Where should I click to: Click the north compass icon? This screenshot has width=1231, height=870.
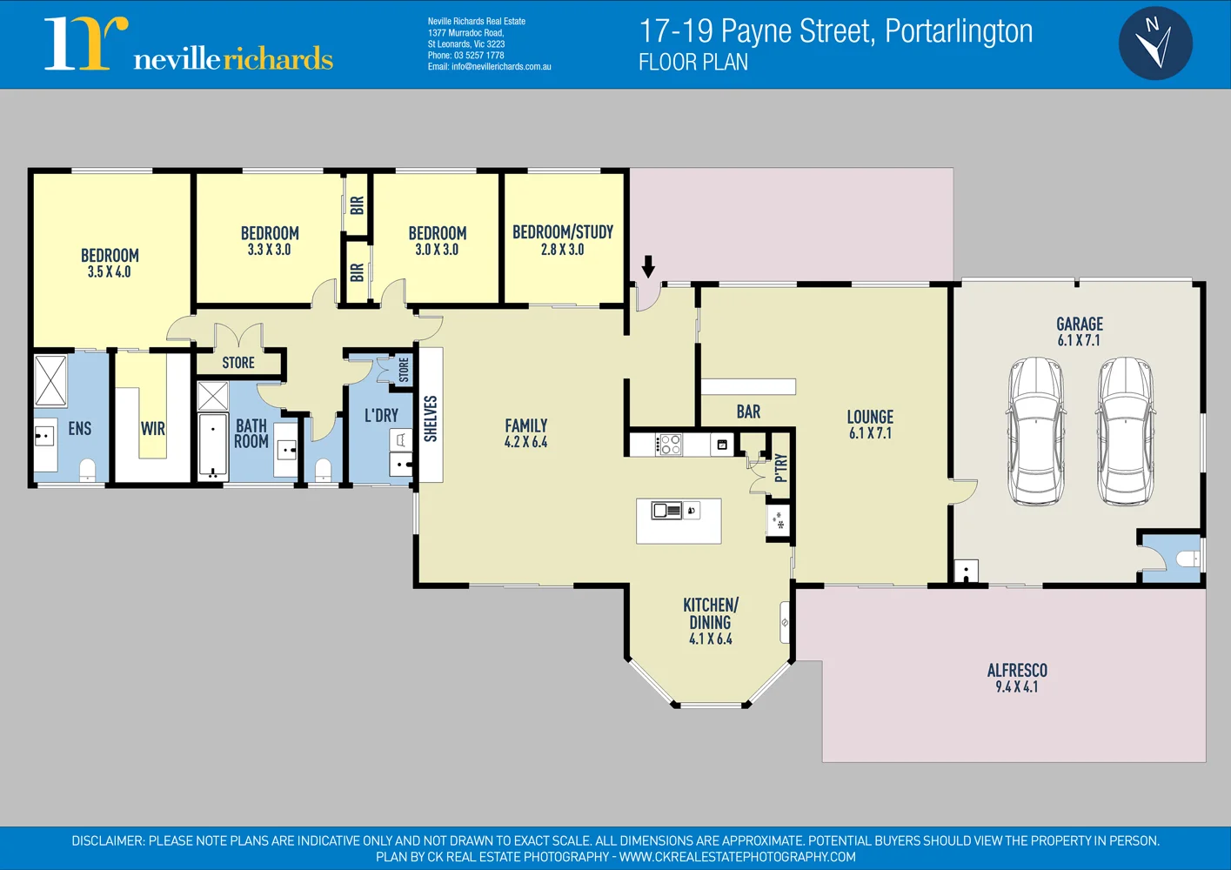pos(1154,43)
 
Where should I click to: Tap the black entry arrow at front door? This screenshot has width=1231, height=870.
pos(648,266)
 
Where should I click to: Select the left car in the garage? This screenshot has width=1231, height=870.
pos(1035,431)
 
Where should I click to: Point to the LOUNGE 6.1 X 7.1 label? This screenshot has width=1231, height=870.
pos(870,425)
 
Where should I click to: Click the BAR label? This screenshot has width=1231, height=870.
pos(748,412)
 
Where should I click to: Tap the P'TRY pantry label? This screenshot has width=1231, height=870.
pos(780,467)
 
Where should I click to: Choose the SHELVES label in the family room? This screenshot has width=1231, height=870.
pos(431,418)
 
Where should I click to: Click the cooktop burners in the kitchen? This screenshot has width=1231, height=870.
pos(670,445)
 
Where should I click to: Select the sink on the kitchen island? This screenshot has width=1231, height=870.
pos(667,511)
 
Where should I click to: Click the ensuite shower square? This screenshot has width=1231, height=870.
pos(50,380)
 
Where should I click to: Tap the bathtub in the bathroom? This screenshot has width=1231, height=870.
pos(212,445)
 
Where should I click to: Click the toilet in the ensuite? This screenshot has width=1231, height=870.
pos(87,471)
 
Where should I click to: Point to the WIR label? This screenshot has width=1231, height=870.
pos(153,428)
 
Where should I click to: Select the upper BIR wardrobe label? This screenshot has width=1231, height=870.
pos(357,205)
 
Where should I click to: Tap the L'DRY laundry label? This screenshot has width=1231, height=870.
pos(381,415)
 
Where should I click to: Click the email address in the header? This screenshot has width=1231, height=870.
pos(489,66)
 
